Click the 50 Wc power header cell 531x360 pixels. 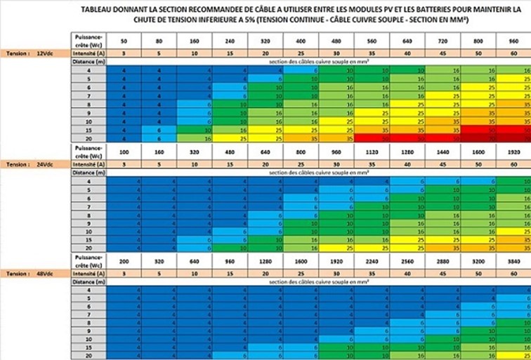(x=124, y=41)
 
